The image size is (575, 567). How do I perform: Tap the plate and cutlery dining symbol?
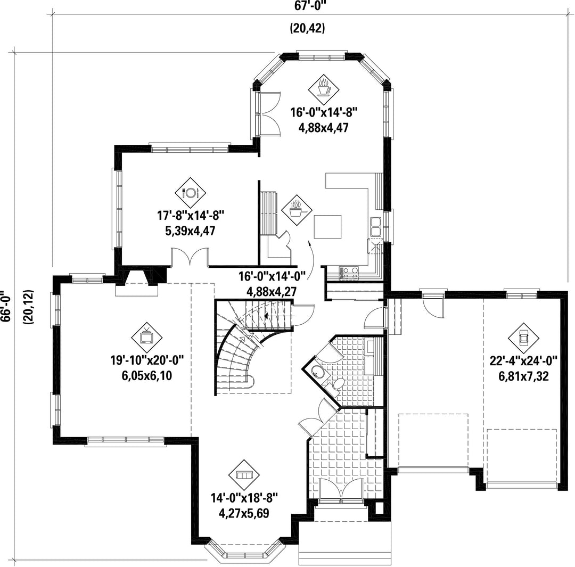[x=190, y=193]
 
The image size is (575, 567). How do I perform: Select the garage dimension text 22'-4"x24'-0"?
[x=523, y=361]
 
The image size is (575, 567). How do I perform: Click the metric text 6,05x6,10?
[x=147, y=376]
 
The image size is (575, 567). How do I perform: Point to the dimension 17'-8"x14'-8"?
[x=190, y=216]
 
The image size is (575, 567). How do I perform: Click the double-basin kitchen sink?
[x=376, y=226]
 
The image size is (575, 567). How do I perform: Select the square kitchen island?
[x=327, y=227]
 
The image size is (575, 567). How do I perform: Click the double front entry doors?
[x=341, y=490]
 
